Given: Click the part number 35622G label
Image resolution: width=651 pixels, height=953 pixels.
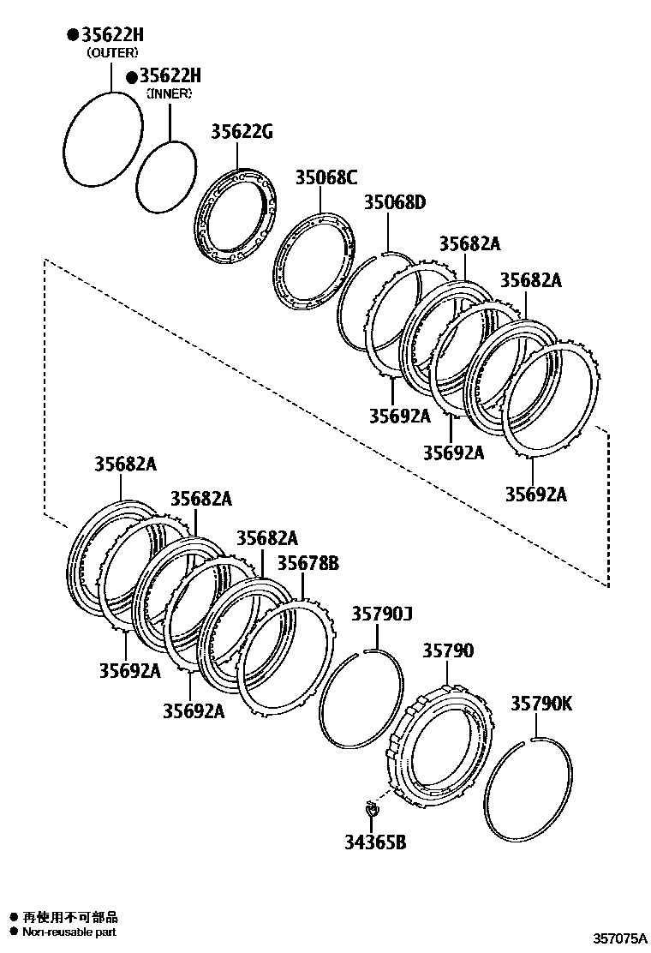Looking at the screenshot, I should (x=242, y=132).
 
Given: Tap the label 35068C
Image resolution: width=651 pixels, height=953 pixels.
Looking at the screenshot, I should (x=325, y=177).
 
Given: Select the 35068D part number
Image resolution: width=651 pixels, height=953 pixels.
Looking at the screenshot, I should (x=394, y=203).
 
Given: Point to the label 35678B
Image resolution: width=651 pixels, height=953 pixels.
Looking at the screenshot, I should (x=308, y=563).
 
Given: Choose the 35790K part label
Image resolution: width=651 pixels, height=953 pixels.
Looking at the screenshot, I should (x=541, y=704).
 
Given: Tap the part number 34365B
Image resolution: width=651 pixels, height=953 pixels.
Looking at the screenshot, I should (x=375, y=842).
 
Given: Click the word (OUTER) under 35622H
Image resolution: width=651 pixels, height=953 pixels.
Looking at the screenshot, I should (x=111, y=53).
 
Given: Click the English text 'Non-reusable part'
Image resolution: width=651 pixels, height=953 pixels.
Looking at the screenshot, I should (x=69, y=932).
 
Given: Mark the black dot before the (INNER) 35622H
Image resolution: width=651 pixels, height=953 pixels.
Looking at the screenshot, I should (x=131, y=77).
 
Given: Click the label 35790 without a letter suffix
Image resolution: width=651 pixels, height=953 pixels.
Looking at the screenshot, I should (x=447, y=651).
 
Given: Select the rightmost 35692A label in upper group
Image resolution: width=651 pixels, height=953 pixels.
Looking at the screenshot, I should (x=535, y=494).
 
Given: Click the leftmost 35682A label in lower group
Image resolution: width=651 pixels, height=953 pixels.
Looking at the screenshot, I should (x=125, y=465).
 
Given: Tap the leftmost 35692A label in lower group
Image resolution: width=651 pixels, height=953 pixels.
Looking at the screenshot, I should (x=129, y=671).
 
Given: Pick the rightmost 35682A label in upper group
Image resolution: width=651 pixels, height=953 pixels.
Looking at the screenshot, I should (x=531, y=280).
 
